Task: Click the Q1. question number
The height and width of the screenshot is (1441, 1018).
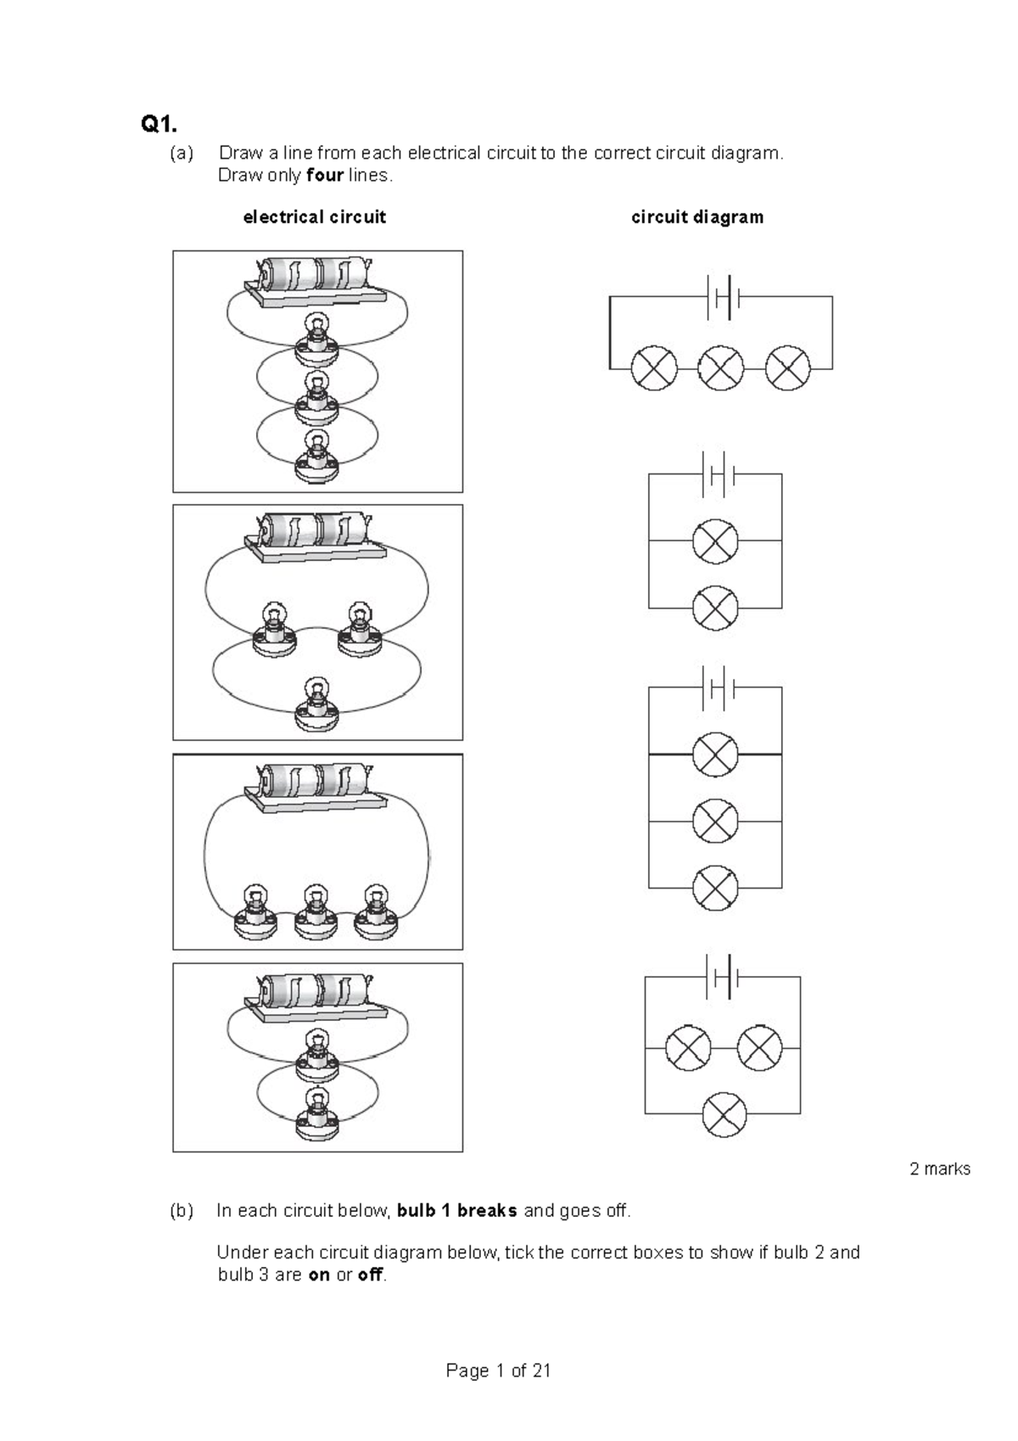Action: (x=159, y=126)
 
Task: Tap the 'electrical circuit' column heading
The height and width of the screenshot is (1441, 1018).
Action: (x=314, y=217)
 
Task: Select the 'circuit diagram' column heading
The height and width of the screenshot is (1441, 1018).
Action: (x=697, y=217)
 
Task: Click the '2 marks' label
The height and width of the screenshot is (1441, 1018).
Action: (x=940, y=1169)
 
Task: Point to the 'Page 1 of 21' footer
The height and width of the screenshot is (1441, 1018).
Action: (x=499, y=1371)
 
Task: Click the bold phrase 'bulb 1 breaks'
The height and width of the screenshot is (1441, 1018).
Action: (x=456, y=1211)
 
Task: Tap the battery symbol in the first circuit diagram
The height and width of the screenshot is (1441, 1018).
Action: (x=723, y=297)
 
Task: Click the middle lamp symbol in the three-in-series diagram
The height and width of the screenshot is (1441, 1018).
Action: (x=721, y=368)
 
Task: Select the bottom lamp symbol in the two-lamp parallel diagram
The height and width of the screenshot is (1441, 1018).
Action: (x=715, y=608)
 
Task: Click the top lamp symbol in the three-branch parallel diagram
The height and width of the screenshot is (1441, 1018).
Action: (x=715, y=754)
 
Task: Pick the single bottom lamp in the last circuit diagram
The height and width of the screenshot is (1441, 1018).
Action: (x=724, y=1113)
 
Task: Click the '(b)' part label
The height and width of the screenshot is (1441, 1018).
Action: (x=181, y=1211)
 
